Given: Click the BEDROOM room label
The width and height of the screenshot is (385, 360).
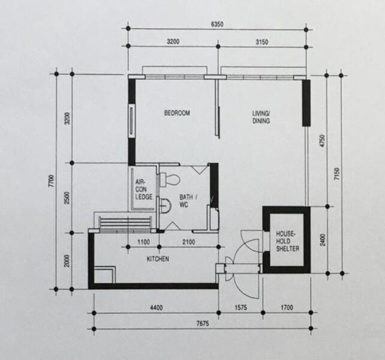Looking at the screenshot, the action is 177,113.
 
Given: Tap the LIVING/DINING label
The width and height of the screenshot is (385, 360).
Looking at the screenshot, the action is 261,117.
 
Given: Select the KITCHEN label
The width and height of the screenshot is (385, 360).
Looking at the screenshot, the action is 158,259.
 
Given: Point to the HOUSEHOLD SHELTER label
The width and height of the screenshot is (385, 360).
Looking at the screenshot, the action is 287,241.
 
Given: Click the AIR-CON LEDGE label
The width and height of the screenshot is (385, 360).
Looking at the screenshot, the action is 144,190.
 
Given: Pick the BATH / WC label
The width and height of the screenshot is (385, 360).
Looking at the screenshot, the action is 188,201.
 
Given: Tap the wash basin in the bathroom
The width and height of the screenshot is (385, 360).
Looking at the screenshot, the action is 166,206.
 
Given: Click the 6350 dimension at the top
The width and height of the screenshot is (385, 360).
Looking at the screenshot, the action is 217,25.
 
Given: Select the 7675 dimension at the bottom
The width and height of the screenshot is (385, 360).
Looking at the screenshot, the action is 203,323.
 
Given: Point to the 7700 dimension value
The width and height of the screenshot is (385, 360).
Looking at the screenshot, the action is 51,181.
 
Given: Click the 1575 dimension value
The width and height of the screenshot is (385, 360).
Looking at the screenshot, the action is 241,308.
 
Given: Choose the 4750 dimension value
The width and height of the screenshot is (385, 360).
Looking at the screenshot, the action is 323,141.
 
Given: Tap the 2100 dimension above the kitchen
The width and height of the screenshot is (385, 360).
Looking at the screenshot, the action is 189,242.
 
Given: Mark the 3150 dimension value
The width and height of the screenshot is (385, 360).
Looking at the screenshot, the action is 261,42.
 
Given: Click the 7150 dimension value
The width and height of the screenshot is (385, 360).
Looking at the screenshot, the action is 337,174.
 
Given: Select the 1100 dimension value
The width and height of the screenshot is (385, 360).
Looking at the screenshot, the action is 143,242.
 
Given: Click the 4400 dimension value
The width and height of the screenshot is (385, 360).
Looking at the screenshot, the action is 157,308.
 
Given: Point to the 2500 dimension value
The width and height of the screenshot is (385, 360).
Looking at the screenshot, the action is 67,198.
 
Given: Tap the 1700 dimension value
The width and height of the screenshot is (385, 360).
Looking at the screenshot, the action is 287,308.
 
